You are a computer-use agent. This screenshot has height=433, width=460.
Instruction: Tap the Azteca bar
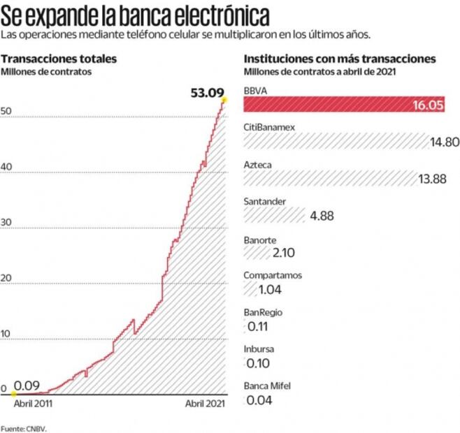pyautogui.click(x=329, y=179)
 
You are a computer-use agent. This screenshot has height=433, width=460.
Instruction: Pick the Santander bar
pyautogui.click(x=274, y=216)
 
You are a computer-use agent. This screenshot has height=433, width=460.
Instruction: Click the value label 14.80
pyautogui.click(x=445, y=142)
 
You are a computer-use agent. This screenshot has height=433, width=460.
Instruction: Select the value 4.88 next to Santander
pyautogui.click(x=322, y=216)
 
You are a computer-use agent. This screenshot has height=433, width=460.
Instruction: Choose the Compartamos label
pyautogui.click(x=273, y=275)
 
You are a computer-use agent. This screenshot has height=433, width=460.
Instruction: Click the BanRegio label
pyautogui.click(x=263, y=312)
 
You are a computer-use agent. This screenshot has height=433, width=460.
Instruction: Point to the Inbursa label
pyautogui.click(x=259, y=348)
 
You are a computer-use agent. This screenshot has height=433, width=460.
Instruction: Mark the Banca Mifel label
pyautogui.click(x=267, y=386)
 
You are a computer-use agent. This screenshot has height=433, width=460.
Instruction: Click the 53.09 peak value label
pyautogui.click(x=205, y=91)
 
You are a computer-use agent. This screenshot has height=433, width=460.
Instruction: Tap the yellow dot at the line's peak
pyautogui.click(x=224, y=101)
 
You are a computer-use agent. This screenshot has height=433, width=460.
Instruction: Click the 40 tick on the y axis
pyautogui.click(x=6, y=167)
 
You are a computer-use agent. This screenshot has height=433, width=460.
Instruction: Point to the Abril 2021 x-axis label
pyautogui.click(x=205, y=404)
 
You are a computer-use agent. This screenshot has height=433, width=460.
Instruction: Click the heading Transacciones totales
pyautogui.click(x=59, y=59)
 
